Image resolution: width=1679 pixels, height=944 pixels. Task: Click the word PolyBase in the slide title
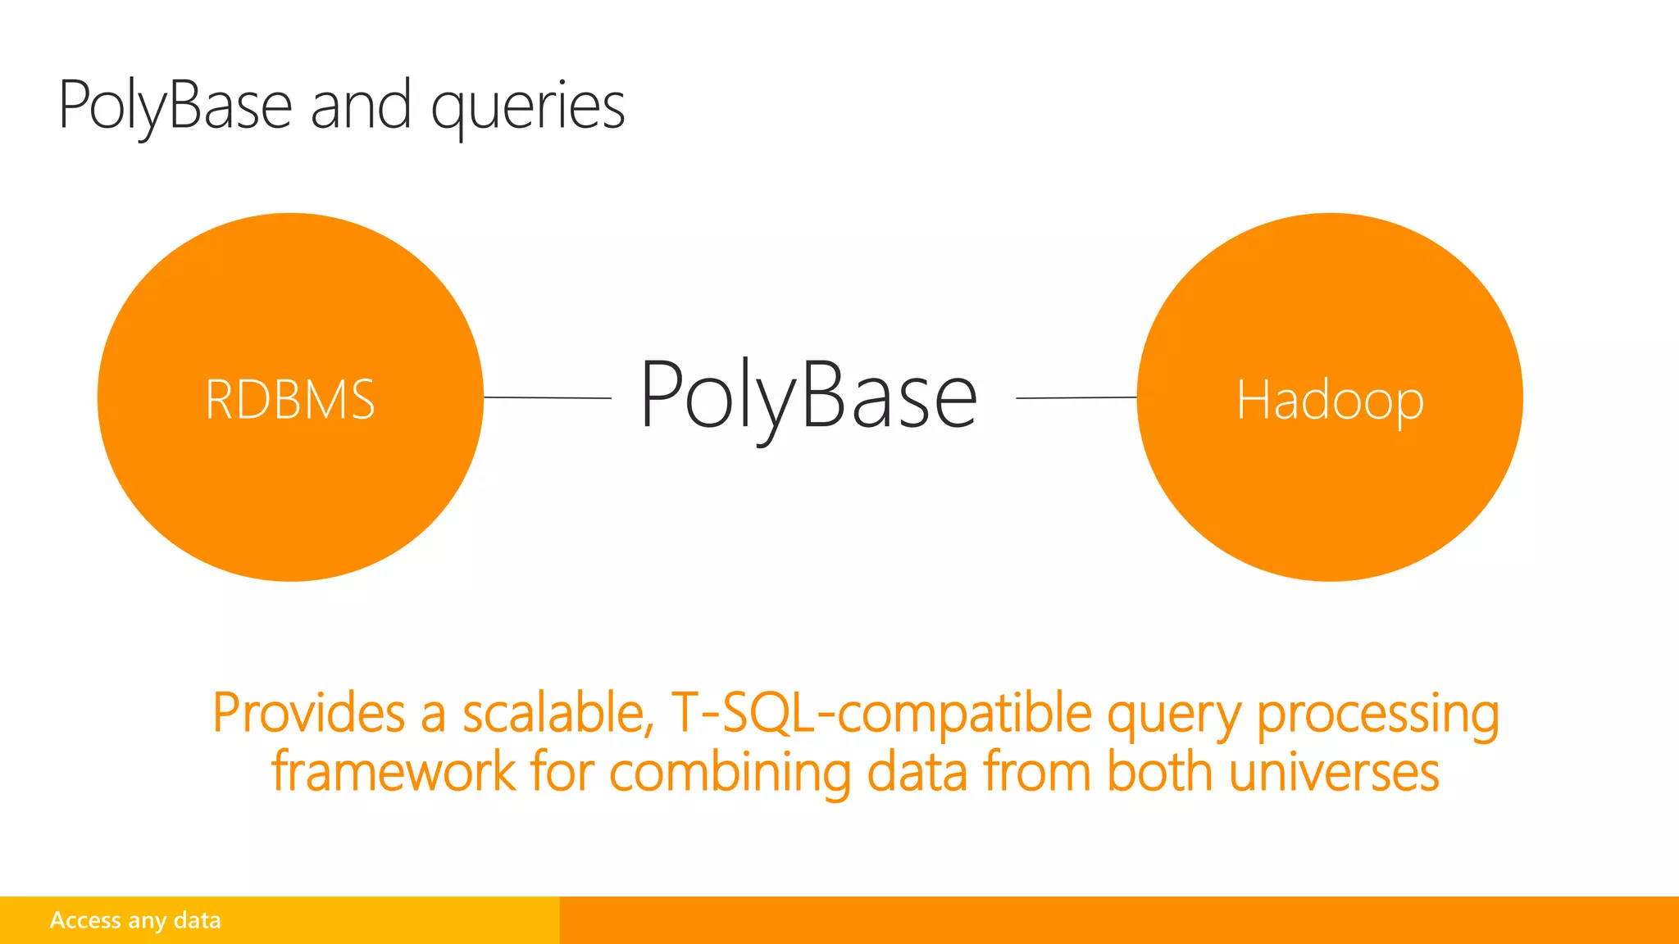[175, 107]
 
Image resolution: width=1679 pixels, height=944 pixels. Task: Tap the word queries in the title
[528, 107]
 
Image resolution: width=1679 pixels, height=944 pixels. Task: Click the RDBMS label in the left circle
[290, 400]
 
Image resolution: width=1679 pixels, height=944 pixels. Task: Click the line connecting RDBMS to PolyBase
[548, 397]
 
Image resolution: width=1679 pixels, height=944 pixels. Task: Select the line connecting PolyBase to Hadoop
[1076, 397]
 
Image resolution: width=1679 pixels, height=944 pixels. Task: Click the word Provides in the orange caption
[308, 712]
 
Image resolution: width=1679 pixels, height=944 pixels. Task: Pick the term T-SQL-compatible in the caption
[881, 712]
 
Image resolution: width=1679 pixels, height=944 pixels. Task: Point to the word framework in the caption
[394, 772]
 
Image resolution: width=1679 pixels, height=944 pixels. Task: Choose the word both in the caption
[1161, 772]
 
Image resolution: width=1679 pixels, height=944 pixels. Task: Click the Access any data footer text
[135, 920]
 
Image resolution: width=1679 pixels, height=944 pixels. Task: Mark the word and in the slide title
[361, 107]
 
